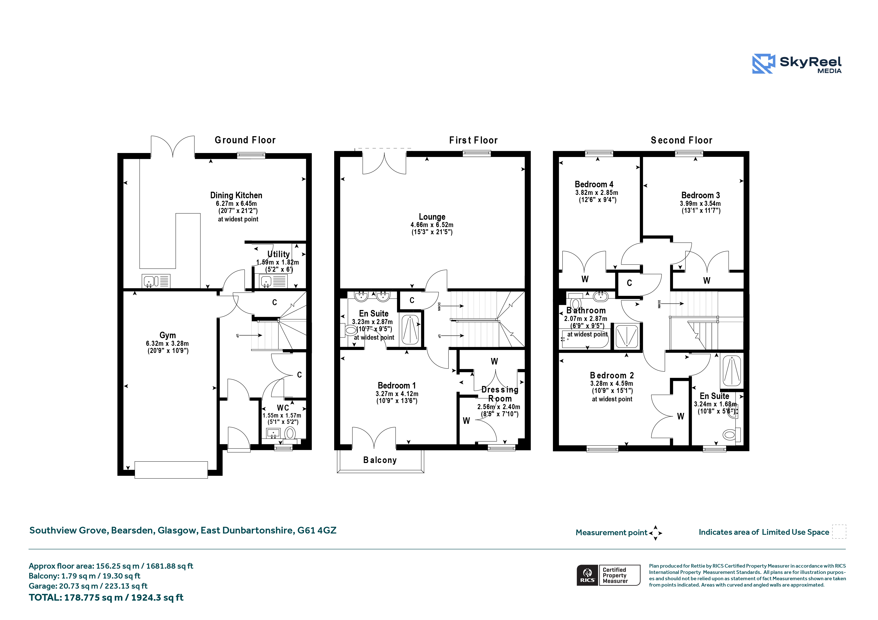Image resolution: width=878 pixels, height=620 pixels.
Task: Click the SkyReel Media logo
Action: point(796,63)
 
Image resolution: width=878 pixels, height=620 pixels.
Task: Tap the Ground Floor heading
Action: point(245,140)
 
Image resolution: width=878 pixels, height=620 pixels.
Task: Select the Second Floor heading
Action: point(681,140)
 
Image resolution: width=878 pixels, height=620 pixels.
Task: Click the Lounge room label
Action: point(432,217)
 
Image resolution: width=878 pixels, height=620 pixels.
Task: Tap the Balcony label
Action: point(380,460)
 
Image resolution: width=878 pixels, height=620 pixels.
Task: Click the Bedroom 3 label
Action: point(701,195)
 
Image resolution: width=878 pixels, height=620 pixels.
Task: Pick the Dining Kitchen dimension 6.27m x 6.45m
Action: point(236,204)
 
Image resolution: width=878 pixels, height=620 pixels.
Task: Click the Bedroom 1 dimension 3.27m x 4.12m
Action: point(397,394)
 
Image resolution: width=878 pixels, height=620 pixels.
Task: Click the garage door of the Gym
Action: point(171,470)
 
